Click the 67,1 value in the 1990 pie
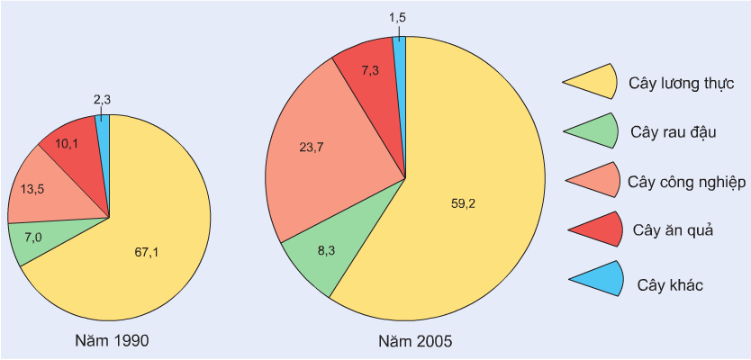[x=146, y=252]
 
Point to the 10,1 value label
[x=68, y=143]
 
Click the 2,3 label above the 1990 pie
[x=103, y=100]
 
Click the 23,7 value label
[x=311, y=148]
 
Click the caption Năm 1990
[x=113, y=342]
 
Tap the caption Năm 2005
[x=415, y=342]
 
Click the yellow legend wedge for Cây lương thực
[x=595, y=82]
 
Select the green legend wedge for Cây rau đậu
[x=597, y=131]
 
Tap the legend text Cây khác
[x=670, y=285]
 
